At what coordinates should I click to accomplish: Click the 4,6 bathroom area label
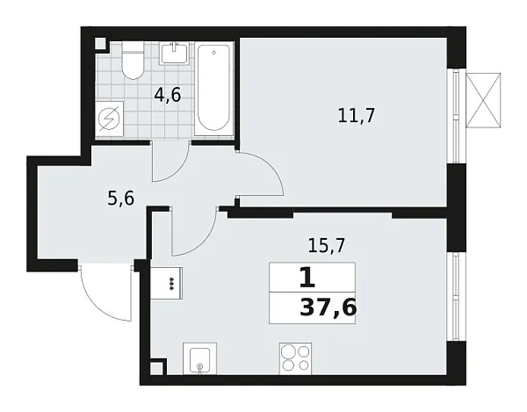168,95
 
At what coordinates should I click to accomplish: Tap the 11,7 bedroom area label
357,114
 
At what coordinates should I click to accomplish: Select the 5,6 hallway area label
120,199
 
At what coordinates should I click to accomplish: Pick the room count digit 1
307,278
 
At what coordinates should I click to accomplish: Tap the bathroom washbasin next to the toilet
176,53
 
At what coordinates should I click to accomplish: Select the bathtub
213,88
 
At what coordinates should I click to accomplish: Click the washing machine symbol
111,119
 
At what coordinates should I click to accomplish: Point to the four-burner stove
296,359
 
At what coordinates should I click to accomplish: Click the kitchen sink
201,360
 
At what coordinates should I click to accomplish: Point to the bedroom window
456,114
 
